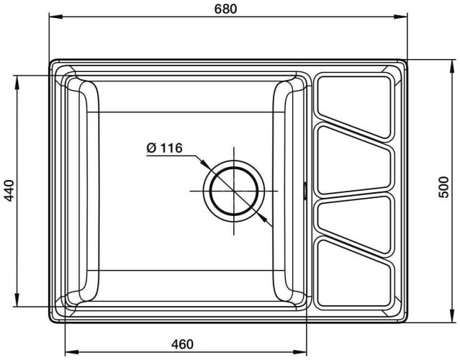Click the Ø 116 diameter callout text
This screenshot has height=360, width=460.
click(x=163, y=148)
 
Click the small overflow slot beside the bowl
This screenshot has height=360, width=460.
click(x=307, y=190)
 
